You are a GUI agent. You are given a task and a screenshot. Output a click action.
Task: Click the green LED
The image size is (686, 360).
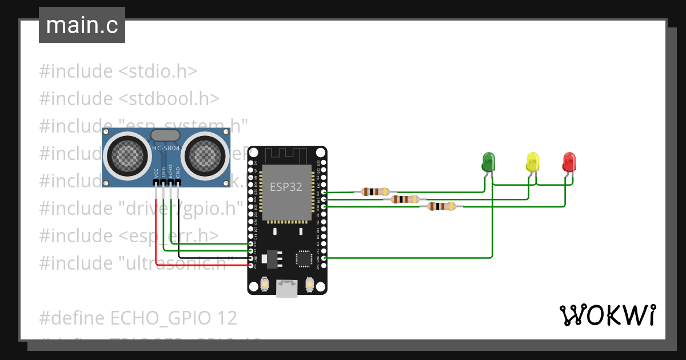click(488, 161)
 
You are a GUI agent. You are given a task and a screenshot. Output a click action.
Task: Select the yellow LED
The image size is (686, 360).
click(532, 162)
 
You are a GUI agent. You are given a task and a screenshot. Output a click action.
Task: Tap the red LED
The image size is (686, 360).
click(569, 162)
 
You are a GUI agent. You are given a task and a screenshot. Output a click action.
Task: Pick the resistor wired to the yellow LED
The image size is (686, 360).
click(405, 199)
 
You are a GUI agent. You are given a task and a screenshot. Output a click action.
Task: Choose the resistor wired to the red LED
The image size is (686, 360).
click(442, 206)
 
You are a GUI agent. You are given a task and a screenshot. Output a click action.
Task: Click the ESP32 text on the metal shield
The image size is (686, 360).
click(286, 187)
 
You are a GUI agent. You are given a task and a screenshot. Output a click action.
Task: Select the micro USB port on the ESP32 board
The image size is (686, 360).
click(287, 289)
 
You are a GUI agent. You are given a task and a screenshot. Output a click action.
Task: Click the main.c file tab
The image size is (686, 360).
click(82, 25)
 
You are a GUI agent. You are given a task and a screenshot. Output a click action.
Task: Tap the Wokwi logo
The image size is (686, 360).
click(607, 315)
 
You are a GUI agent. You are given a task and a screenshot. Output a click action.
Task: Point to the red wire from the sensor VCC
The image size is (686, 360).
click(156, 229)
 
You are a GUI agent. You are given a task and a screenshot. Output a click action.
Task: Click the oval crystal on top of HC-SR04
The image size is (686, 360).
click(165, 135)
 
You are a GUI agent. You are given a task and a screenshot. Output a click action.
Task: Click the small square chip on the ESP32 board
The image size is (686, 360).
click(303, 258)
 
